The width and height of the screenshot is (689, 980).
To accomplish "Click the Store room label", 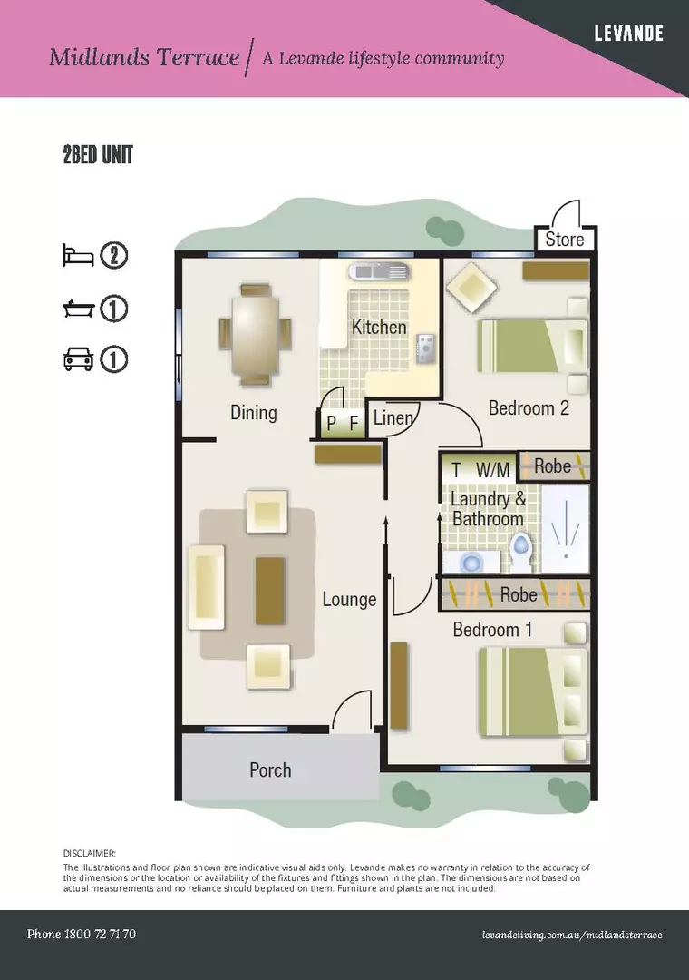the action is tap(565, 239).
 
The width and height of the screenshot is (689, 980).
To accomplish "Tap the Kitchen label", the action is tap(379, 327).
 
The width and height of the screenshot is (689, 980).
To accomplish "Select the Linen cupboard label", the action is tap(393, 417).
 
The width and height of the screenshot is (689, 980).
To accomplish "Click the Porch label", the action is tap(270, 769).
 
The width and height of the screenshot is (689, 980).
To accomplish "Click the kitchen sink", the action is tap(380, 271).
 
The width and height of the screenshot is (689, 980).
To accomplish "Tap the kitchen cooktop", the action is tap(427, 348).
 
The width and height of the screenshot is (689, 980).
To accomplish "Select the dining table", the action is tap(254, 334).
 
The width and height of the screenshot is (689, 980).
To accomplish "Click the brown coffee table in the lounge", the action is tap(270, 591).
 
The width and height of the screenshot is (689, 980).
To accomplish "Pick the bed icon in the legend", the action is tap(78, 256).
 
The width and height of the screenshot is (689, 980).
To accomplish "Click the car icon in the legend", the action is tap(78, 359).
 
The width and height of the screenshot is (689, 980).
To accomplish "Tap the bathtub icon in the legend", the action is tap(78, 309).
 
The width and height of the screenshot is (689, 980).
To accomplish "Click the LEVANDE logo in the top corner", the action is tap(628, 34).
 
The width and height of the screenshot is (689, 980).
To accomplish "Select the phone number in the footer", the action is tap(82, 934).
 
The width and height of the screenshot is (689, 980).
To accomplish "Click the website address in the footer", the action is tap(572, 935).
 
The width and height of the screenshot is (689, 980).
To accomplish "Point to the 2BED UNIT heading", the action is tap(98, 154).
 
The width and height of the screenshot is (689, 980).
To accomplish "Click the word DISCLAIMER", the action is tap(90, 853).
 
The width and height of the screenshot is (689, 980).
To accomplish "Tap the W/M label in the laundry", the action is tap(493, 470).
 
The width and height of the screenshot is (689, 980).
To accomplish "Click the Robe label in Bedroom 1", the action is tap(519, 594).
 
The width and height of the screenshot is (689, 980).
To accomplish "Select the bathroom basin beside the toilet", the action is tap(471, 562).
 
